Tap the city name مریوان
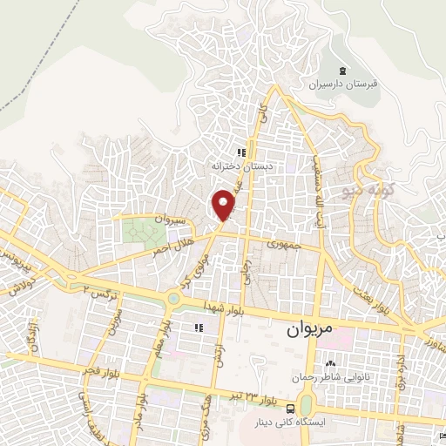(x=309, y=331)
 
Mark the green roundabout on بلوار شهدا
(x=173, y=300)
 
